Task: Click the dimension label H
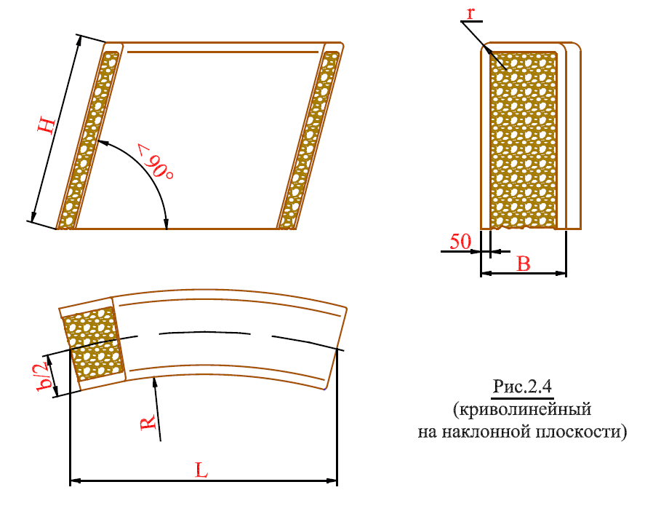tap(47, 126)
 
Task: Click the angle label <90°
tap(155, 162)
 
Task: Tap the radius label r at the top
tap(470, 13)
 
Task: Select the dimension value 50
tap(460, 242)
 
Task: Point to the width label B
tap(523, 264)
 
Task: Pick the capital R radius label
tap(148, 422)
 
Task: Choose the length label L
tap(201, 470)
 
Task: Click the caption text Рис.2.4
tap(522, 387)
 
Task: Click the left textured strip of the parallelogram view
tap(88, 140)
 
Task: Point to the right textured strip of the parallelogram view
tap(309, 140)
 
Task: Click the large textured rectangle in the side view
tap(524, 140)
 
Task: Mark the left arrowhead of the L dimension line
tap(75, 481)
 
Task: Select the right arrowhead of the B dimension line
tap(561, 274)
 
